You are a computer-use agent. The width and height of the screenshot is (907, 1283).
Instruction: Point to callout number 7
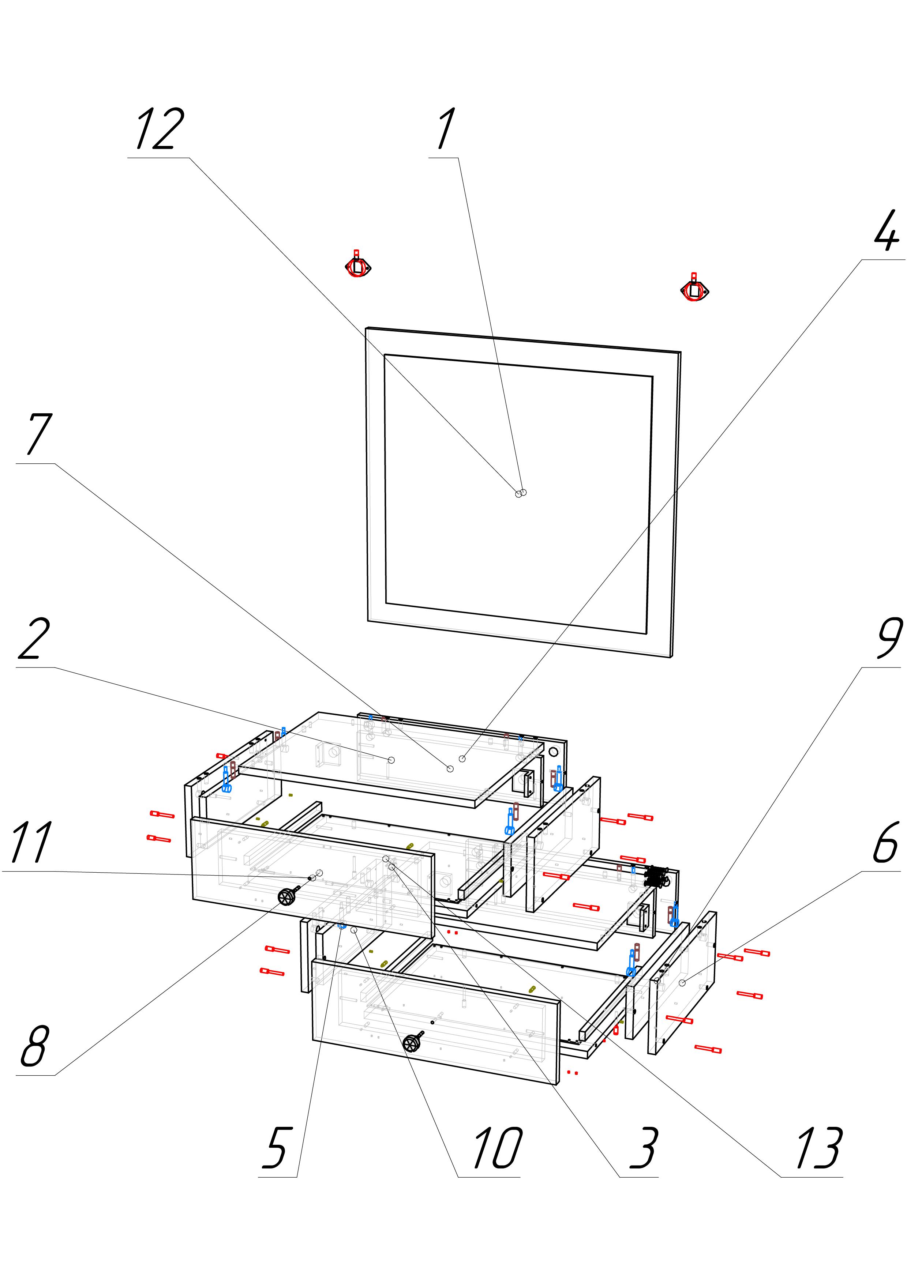point(37,435)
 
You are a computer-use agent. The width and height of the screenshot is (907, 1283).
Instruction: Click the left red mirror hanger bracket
point(358,267)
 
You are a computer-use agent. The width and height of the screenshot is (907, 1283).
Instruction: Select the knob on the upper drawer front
point(288,897)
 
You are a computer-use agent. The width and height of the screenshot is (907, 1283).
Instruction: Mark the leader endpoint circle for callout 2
point(391,760)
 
